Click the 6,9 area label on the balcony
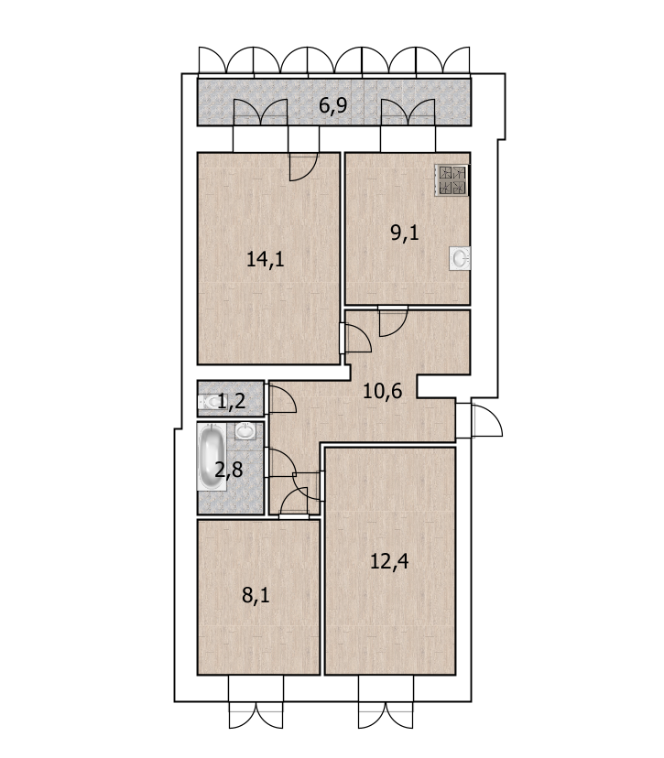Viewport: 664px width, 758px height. click(x=332, y=105)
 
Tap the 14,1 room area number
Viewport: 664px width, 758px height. click(x=265, y=259)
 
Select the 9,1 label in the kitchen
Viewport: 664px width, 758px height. click(x=404, y=233)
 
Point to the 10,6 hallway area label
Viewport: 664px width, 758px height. click(x=382, y=391)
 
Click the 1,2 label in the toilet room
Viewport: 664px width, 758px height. click(x=231, y=401)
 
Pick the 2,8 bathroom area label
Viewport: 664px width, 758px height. click(x=228, y=470)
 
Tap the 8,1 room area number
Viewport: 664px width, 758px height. click(x=256, y=595)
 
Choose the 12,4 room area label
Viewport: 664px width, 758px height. click(x=389, y=561)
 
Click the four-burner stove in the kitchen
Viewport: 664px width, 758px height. click(x=452, y=180)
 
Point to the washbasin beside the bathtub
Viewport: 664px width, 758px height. click(x=245, y=430)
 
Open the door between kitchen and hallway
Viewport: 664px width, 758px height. click(x=393, y=321)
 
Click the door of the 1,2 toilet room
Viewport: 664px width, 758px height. click(x=282, y=398)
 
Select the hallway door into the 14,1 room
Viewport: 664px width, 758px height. click(x=357, y=338)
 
